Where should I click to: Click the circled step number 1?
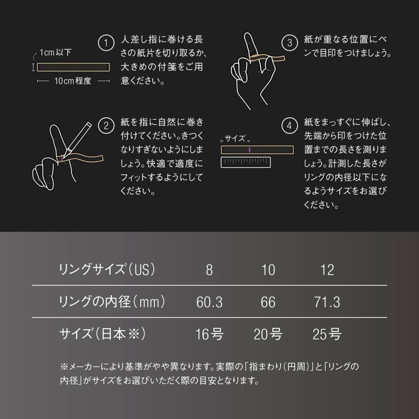pyautogui.click(x=106, y=43)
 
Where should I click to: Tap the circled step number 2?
pyautogui.click(x=106, y=125)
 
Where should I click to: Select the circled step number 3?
pyautogui.click(x=290, y=43)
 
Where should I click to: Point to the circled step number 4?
pyautogui.click(x=290, y=125)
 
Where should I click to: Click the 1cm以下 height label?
pyautogui.click(x=55, y=52)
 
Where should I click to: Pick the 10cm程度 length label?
pyautogui.click(x=73, y=81)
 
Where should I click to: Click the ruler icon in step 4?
pyautogui.click(x=245, y=162)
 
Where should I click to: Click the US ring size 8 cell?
pyautogui.click(x=209, y=270)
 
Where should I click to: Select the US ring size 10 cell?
pyautogui.click(x=268, y=270)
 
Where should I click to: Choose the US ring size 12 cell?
pyautogui.click(x=327, y=270)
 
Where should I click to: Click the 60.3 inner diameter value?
pyautogui.click(x=209, y=302)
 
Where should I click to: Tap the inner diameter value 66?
pyautogui.click(x=268, y=302)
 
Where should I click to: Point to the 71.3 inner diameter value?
pyautogui.click(x=327, y=302)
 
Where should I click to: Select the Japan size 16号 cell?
pyautogui.click(x=209, y=334)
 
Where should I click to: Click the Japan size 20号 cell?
pyautogui.click(x=268, y=334)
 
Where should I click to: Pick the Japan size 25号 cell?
pyautogui.click(x=327, y=334)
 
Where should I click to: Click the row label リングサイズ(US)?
pyautogui.click(x=107, y=270)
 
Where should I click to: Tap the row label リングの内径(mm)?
pyautogui.click(x=112, y=302)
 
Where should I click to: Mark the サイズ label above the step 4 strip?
pyautogui.click(x=235, y=139)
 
